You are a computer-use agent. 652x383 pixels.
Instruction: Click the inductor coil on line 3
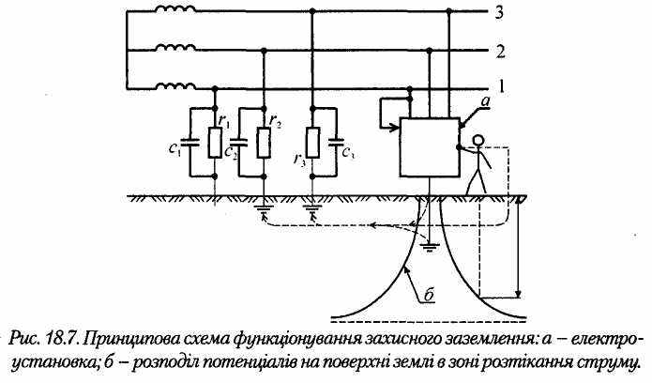[x=177, y=12]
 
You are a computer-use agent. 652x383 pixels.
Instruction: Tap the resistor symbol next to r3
[x=312, y=144]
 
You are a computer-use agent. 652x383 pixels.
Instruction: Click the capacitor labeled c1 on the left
[x=190, y=145]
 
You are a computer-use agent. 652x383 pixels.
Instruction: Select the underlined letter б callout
[x=428, y=295]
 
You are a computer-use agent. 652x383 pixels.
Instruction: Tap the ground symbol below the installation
[x=429, y=246]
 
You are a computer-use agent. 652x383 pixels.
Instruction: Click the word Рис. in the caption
[x=29, y=336]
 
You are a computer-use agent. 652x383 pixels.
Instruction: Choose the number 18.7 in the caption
[x=68, y=336]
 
